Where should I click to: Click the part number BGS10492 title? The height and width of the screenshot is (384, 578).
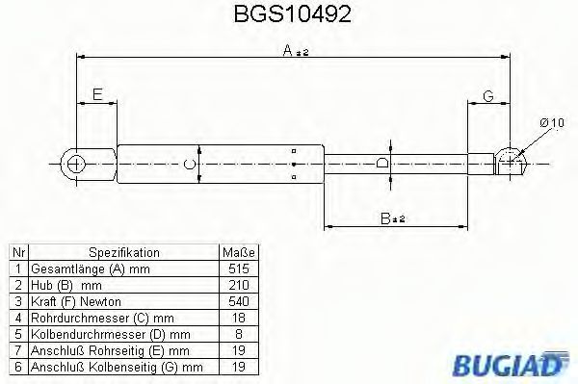click(290, 16)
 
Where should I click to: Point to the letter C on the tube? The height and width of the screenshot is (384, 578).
click(190, 164)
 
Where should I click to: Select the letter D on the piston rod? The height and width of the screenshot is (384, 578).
click(383, 164)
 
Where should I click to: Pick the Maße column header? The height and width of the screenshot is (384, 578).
click(237, 251)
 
